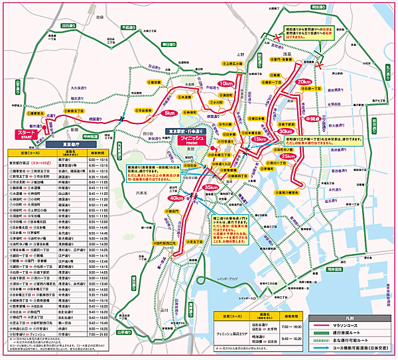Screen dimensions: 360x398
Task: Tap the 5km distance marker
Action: [169, 113]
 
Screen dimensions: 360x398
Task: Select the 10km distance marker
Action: [226, 84]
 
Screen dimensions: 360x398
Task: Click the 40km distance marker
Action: [176, 198]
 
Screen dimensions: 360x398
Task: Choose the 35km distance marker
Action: [211, 188]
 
